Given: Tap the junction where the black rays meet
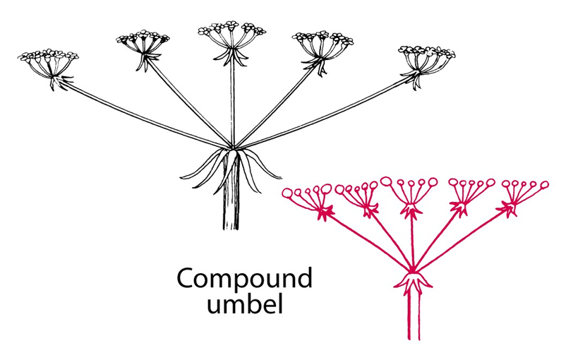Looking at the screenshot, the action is tap(233, 148).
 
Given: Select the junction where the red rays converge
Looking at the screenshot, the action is tap(413, 270).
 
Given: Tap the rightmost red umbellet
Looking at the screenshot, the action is tap(522, 193).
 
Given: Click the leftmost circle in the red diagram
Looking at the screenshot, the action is tap(287, 193).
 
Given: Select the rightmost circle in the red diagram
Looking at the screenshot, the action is tap(544, 185).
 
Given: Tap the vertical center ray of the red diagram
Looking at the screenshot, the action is tap(412, 240).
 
